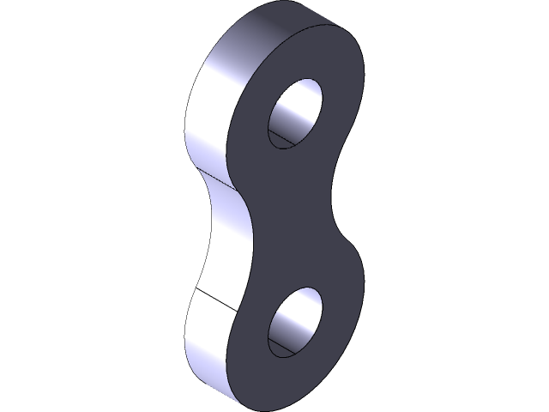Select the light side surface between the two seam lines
225,240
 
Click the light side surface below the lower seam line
206,343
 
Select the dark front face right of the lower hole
343,318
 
